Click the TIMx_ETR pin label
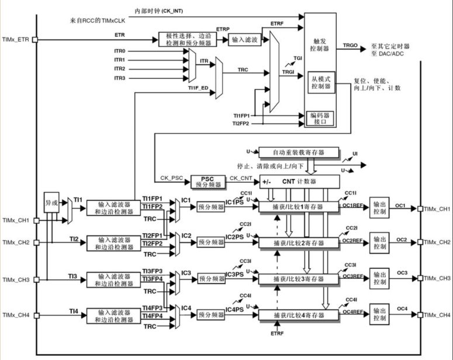click(x=16, y=39)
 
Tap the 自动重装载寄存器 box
click(x=298, y=153)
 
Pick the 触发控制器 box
click(x=319, y=46)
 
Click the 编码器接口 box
click(x=319, y=118)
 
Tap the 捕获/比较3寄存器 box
click(x=298, y=279)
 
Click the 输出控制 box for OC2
click(x=379, y=242)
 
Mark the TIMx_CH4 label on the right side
click(x=437, y=316)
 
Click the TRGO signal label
click(x=350, y=45)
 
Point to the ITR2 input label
click(x=119, y=68)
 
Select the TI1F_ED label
click(x=199, y=88)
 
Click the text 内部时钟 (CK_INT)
click(x=158, y=11)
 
